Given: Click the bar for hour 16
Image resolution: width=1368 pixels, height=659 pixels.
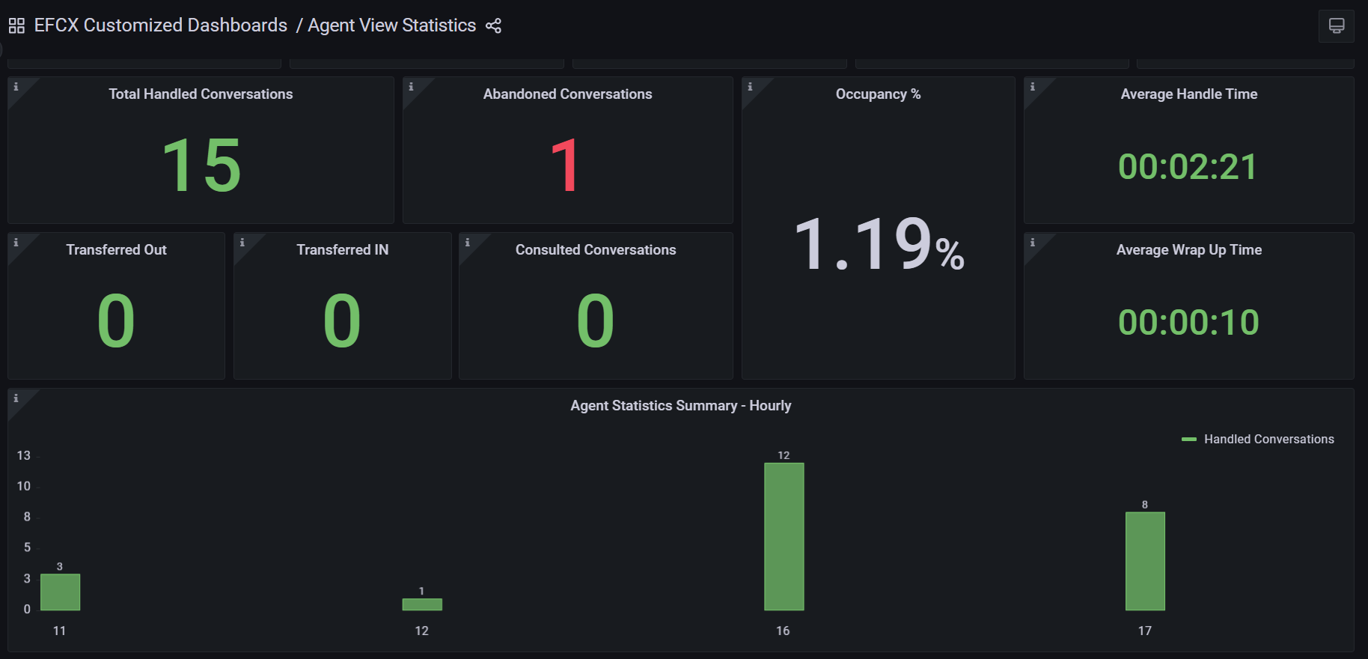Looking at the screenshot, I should pos(784,536).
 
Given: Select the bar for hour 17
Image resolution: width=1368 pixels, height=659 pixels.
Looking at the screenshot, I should pos(1145,561).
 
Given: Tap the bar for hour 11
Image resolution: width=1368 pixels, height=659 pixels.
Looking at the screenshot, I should pos(60,592).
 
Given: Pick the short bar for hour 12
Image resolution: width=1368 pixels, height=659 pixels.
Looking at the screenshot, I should pos(422,604).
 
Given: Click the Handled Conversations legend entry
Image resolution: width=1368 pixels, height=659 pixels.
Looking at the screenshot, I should pos(1268,440).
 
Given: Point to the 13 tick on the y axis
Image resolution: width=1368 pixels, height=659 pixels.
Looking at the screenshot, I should pos(24,455).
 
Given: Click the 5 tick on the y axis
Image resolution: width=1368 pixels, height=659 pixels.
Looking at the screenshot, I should pos(27,547).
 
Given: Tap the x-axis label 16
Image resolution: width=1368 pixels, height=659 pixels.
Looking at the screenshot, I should pos(783,631).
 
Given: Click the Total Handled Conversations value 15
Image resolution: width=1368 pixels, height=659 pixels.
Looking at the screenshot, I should pos(201,165).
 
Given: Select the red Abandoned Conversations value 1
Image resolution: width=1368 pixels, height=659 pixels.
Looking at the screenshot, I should pos(566,165).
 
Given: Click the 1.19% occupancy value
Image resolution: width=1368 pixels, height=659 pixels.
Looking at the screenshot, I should pos(878,244).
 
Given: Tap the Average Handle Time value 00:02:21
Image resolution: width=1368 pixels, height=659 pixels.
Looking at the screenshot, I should pos(1188,166).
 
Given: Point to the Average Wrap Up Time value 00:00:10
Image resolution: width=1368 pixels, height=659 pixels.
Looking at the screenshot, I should pos(1188,322).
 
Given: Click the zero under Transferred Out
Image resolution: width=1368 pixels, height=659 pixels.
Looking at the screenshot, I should pos(116,321).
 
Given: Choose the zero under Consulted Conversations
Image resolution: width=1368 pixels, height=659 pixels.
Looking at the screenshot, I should pos(595,321).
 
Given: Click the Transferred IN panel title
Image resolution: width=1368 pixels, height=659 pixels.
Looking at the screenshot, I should pos(342,250).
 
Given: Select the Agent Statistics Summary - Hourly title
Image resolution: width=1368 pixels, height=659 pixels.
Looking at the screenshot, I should pos(680,406).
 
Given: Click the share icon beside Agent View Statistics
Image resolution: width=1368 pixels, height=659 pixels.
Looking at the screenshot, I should pos(493,26).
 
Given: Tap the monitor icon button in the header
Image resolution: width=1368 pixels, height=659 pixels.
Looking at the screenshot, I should pos(1336,26).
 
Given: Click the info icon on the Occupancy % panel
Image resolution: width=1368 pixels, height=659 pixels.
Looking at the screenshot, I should pos(750,87).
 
